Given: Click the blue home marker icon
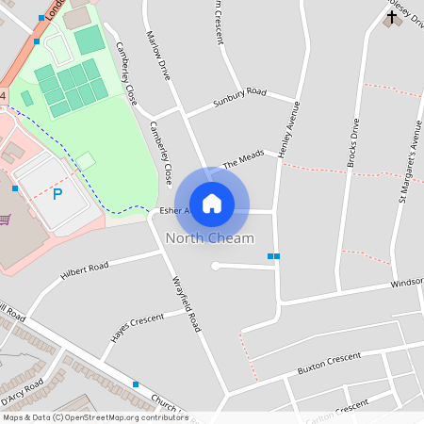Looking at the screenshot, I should pyautogui.click(x=212, y=203).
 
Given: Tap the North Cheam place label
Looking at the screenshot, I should pyautogui.click(x=209, y=238).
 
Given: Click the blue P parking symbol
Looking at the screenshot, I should pyautogui.click(x=57, y=194).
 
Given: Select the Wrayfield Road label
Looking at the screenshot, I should pyautogui.click(x=186, y=302).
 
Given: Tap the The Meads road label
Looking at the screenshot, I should pyautogui.click(x=243, y=163).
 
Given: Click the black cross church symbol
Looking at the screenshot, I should pyautogui.click(x=392, y=15).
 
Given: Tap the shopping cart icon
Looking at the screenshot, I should pyautogui.click(x=6, y=220).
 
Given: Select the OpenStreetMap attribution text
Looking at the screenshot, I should pyautogui.click(x=95, y=417).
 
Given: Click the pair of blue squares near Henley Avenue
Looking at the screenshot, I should pyautogui.click(x=273, y=256).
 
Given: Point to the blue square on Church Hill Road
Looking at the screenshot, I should pyautogui.click(x=136, y=384).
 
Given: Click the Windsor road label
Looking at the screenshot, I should pyautogui.click(x=406, y=282).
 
